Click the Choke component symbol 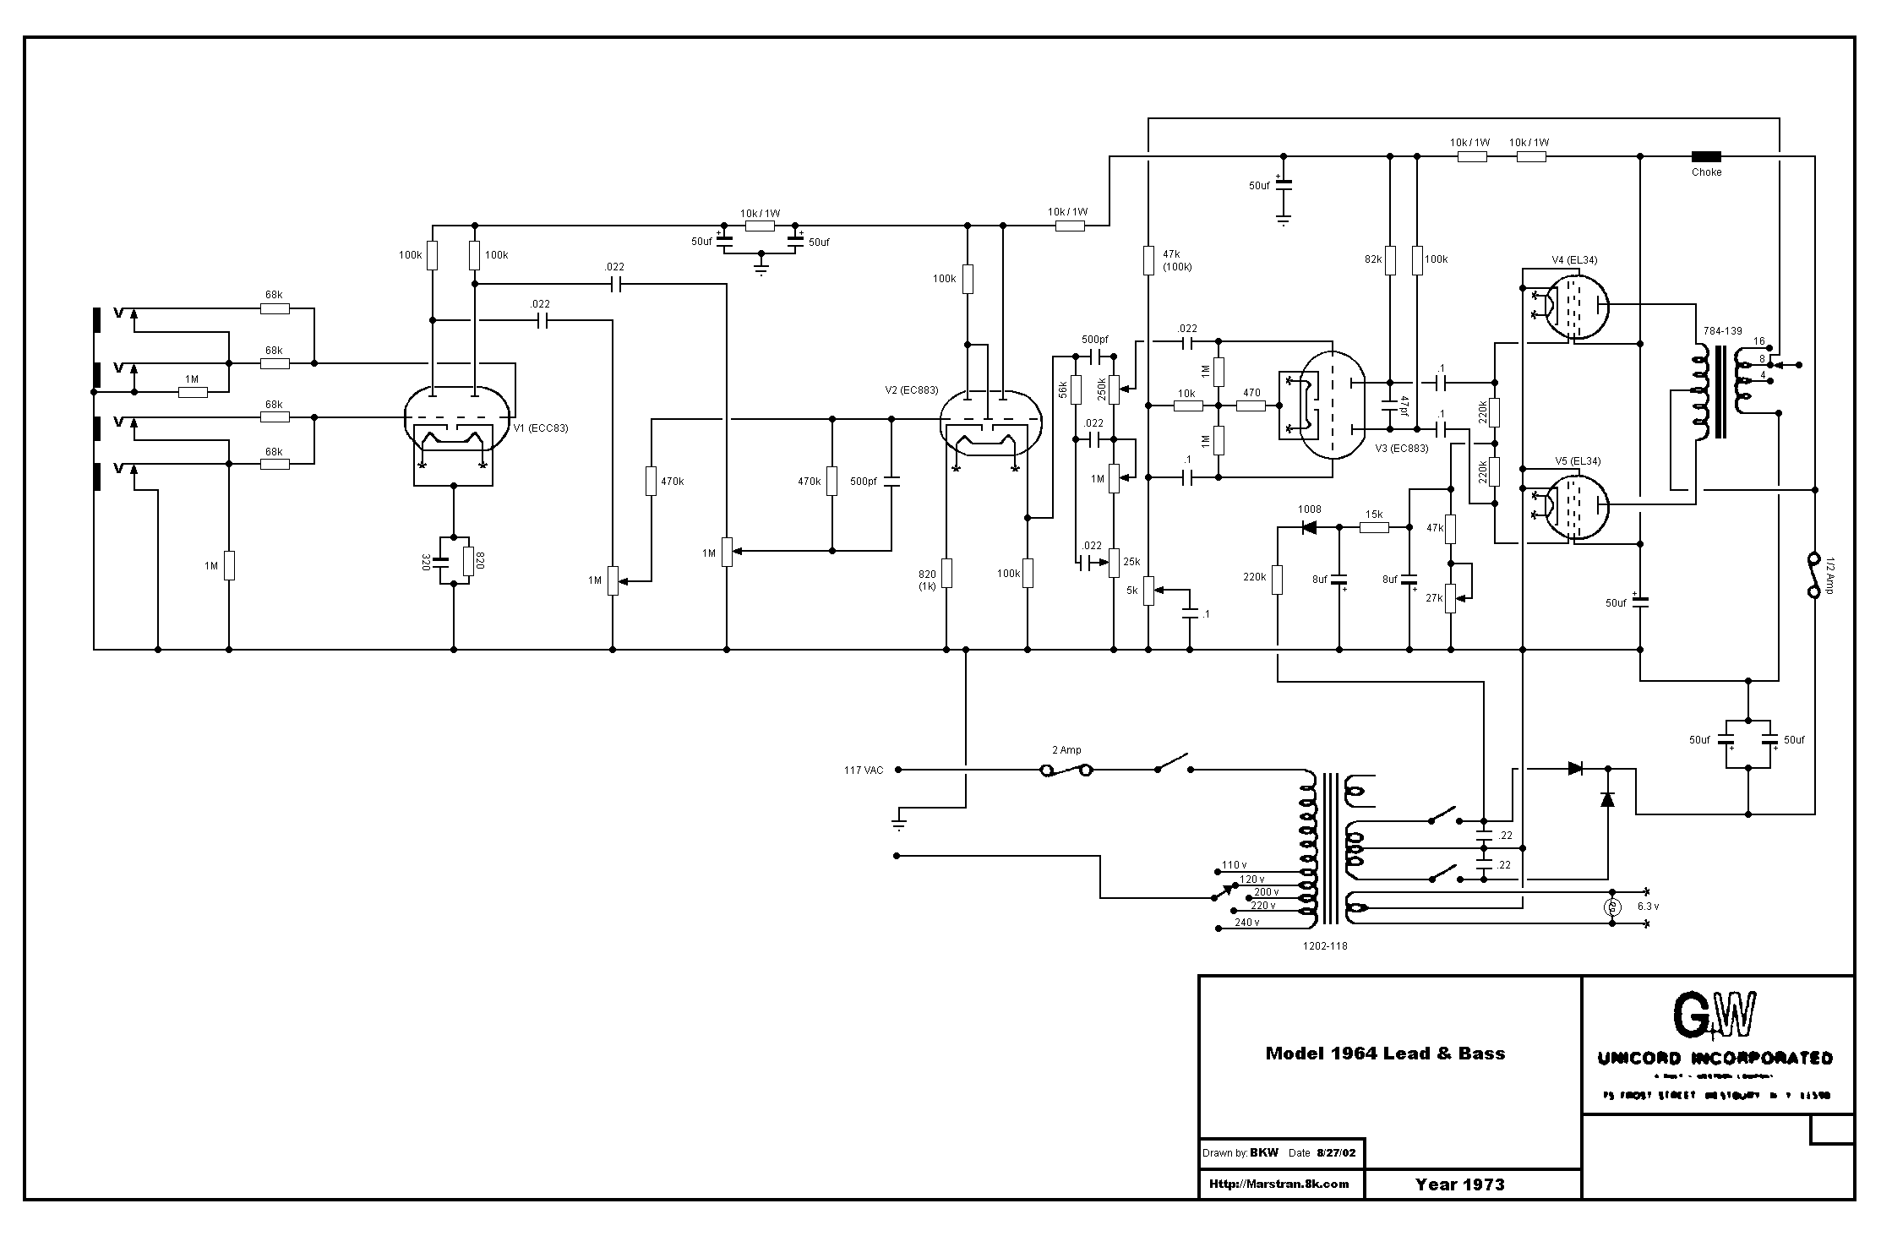[x=1705, y=156]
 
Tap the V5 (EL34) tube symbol [x=1576, y=507]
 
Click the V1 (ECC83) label [x=541, y=428]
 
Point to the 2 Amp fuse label [x=1066, y=750]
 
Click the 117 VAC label [x=863, y=771]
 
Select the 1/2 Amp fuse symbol [x=1813, y=575]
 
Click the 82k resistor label [x=1373, y=259]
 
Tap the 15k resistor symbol [x=1374, y=528]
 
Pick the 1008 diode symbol [x=1310, y=528]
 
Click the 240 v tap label [x=1246, y=923]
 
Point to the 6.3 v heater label [x=1648, y=907]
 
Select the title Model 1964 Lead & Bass [x=1385, y=1054]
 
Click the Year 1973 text [x=1460, y=1184]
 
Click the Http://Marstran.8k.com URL [x=1279, y=1184]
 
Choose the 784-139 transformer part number [x=1715, y=331]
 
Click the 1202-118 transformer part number [x=1325, y=946]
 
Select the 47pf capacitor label [x=1404, y=405]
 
